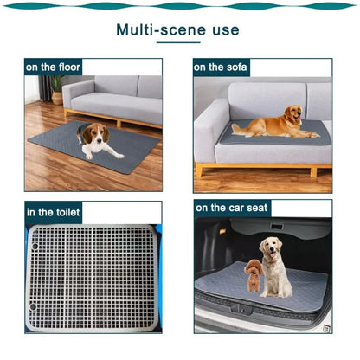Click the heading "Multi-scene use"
178,30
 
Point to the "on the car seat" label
233,208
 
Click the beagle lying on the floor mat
97,140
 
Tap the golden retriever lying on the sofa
273,124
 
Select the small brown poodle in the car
254,275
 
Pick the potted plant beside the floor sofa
57,87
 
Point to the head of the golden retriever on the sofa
294,113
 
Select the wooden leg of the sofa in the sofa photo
201,170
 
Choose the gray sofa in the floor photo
117,100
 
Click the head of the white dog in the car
273,249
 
